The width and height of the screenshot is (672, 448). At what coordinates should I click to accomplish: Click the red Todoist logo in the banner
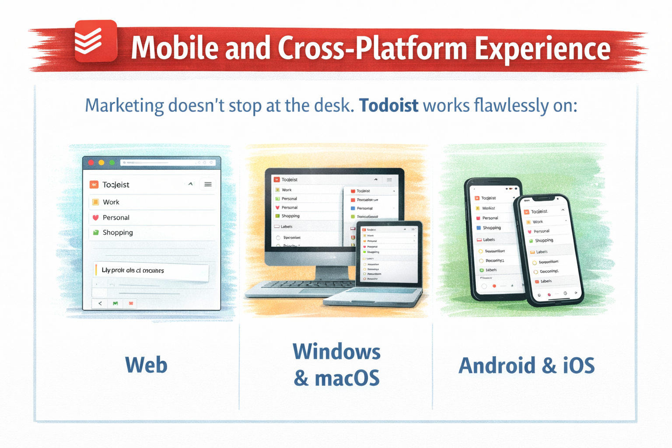(95, 41)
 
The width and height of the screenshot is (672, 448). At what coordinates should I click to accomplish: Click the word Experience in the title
(542, 48)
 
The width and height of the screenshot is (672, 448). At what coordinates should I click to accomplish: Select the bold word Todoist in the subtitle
(388, 106)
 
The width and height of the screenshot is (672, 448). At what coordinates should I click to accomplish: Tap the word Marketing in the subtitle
(124, 106)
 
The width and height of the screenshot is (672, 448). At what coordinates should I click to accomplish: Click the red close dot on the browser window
(91, 163)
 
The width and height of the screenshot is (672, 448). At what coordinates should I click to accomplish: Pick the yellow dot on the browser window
(101, 163)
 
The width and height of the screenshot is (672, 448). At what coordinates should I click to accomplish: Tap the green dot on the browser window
(112, 163)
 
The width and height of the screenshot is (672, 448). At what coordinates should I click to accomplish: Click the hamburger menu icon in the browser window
(208, 184)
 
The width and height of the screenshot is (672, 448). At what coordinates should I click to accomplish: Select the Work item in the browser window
(111, 202)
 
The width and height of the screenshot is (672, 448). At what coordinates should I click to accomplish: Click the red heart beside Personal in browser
(95, 217)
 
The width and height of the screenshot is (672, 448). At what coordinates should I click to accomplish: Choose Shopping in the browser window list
(118, 233)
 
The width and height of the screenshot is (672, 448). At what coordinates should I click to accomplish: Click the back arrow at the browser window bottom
(100, 303)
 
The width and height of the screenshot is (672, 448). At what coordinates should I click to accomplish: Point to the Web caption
(146, 365)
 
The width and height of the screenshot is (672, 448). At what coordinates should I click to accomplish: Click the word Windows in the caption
(336, 352)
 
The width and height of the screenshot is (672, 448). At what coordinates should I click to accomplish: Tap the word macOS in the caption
(347, 378)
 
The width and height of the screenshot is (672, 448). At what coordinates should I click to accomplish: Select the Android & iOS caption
(526, 366)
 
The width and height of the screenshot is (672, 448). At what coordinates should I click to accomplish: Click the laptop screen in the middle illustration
(388, 254)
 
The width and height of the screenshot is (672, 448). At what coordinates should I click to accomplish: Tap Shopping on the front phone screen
(544, 241)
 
